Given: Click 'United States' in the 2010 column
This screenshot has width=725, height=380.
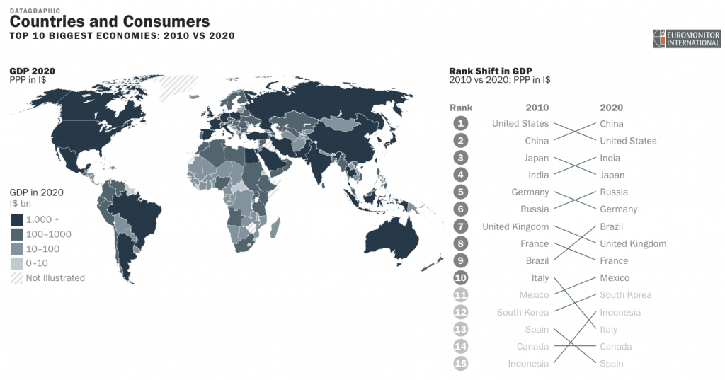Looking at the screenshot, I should click(x=520, y=124).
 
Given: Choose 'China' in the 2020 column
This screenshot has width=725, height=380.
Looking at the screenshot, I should click(x=612, y=124).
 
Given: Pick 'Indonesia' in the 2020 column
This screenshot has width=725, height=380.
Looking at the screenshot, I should click(x=620, y=312).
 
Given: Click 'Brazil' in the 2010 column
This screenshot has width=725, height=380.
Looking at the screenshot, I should click(x=537, y=261).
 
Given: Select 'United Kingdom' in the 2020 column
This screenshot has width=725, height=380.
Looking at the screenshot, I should click(x=633, y=243).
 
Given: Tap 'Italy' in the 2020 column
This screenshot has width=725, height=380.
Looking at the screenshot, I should click(x=608, y=330).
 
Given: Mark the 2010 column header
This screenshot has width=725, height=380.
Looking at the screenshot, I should click(x=537, y=108).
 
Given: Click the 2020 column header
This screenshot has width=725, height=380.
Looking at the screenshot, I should click(x=611, y=108).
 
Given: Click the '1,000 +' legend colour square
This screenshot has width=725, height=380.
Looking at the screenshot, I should click(x=17, y=219).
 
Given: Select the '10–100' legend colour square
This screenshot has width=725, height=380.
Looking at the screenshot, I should click(x=17, y=249).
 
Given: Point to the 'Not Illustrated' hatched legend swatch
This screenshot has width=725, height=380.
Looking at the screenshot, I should click(x=17, y=278).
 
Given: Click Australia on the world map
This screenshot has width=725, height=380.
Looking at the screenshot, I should click(x=386, y=237).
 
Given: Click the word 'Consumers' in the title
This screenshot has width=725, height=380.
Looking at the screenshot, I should click(x=168, y=22).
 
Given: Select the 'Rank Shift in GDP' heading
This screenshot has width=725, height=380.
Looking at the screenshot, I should click(x=490, y=71).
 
